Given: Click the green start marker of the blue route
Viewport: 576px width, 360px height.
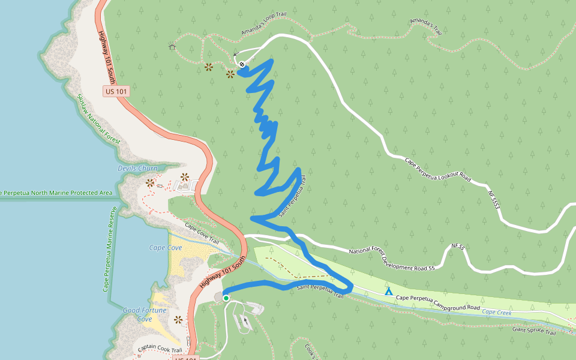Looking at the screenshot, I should point(226,298).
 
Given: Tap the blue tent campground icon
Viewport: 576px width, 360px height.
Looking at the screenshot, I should point(389,291).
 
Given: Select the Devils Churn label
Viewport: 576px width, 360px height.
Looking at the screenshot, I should point(137,169).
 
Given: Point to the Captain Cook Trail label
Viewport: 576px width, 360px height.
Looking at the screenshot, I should point(159,349).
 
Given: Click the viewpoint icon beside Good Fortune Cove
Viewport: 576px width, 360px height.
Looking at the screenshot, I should point(178,319).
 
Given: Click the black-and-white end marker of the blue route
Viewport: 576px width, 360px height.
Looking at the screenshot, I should point(242,64).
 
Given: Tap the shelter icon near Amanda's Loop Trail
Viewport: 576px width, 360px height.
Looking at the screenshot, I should point(172,46).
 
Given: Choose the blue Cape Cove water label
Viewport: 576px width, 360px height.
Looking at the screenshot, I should point(166,248).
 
